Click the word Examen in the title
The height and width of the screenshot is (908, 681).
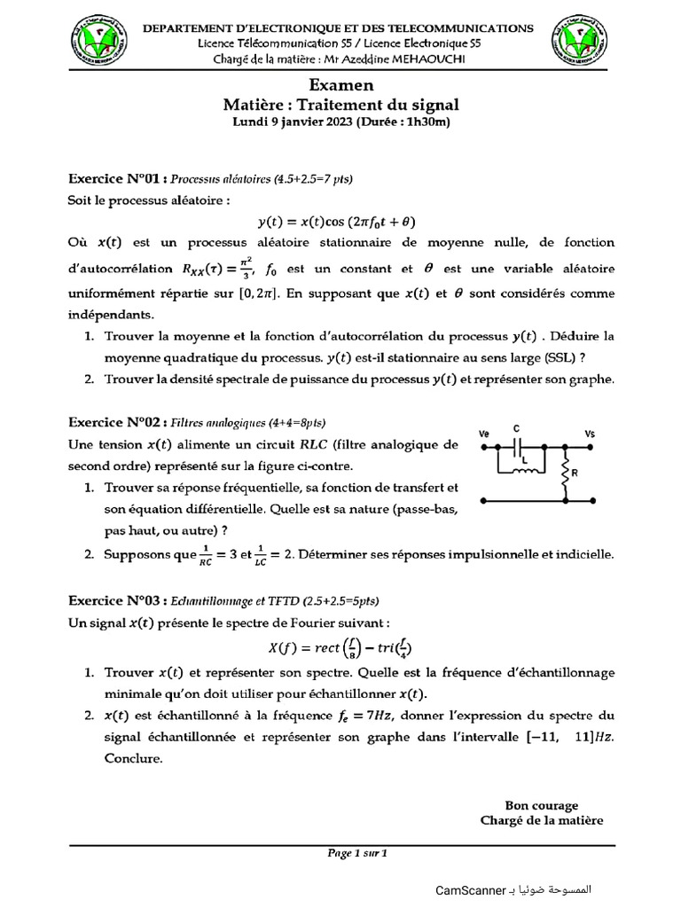pos(341,85)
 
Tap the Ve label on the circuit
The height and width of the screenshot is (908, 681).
pos(484,433)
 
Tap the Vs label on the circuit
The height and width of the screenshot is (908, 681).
pos(590,434)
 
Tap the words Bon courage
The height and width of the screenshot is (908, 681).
pos(541,805)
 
